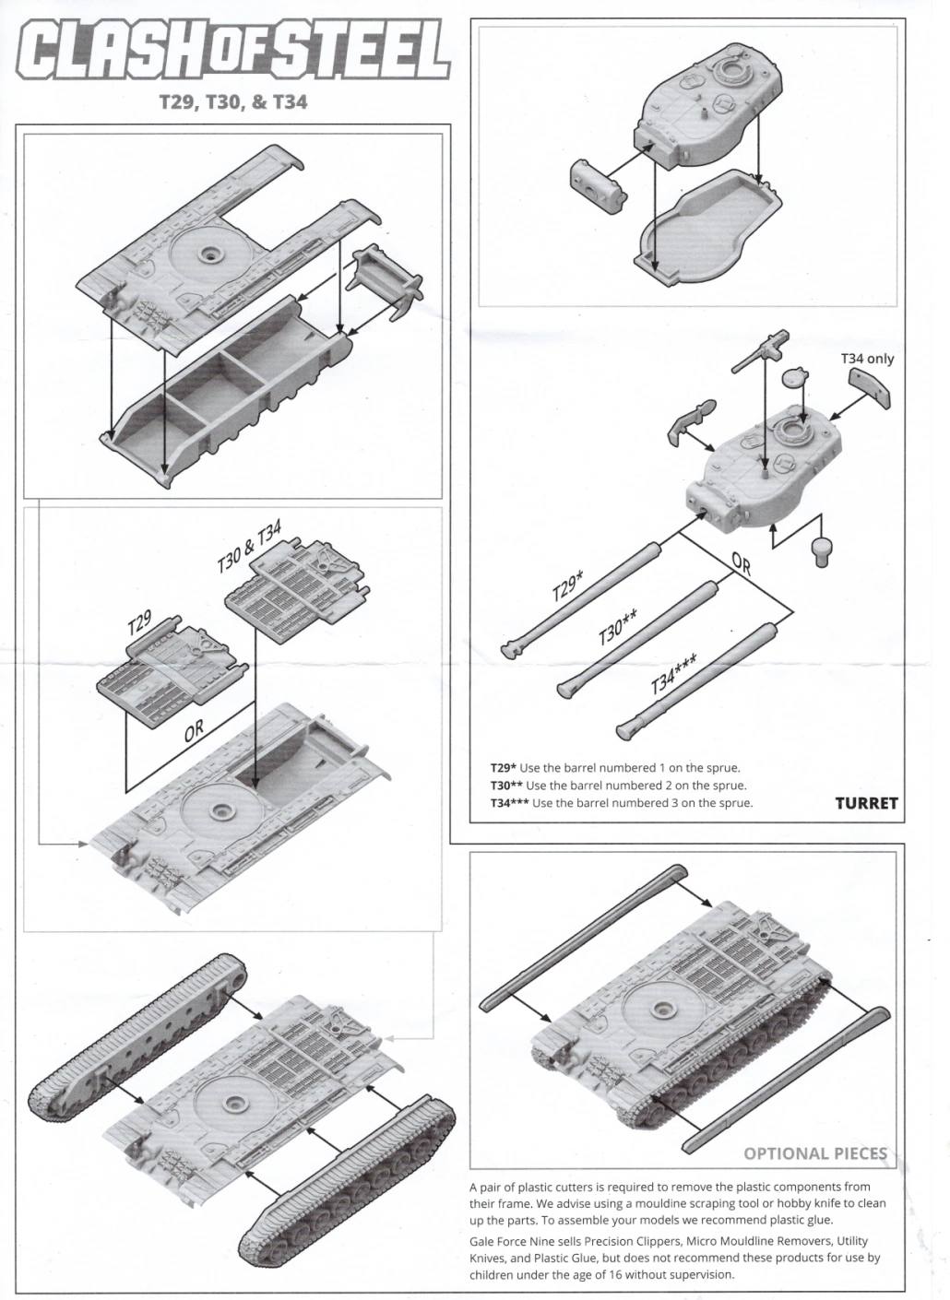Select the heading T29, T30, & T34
(233, 101)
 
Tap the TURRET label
(865, 803)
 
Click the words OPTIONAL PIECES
(814, 1153)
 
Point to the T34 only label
(866, 359)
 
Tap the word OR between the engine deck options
(194, 731)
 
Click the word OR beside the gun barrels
(742, 563)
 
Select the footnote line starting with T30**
(618, 786)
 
